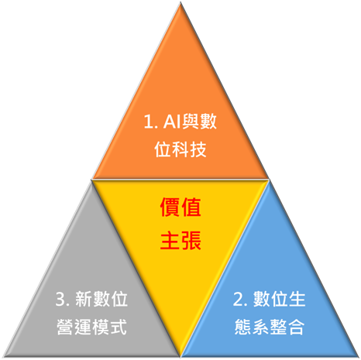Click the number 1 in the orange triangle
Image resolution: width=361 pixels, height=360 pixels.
[x=147, y=122]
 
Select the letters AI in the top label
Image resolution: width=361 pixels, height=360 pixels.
[x=172, y=122]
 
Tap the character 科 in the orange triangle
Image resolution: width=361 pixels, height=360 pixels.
[x=180, y=149]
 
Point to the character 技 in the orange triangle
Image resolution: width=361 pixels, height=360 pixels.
[x=198, y=149]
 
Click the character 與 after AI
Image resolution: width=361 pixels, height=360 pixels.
[x=191, y=122]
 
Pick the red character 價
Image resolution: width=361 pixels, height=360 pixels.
[x=170, y=207]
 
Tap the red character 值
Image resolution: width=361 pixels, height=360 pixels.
[x=191, y=207]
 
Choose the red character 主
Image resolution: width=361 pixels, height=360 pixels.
[x=170, y=240]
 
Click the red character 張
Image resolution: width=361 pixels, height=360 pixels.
[x=191, y=240]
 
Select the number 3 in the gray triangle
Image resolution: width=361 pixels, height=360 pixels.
[x=60, y=300]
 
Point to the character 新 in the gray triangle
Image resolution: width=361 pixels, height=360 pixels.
[x=84, y=300]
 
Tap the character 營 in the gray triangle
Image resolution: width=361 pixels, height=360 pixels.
[x=64, y=327]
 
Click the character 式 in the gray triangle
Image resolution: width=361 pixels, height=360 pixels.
[x=119, y=327]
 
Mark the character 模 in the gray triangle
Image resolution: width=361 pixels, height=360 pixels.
[x=101, y=327]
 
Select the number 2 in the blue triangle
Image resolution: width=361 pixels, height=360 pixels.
[x=237, y=300]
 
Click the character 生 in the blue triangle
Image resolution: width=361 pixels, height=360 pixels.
[x=297, y=300]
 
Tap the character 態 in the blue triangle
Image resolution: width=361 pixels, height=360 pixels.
[x=242, y=327]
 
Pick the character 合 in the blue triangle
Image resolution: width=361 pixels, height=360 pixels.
[x=296, y=327]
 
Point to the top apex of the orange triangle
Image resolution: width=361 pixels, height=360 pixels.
[x=180, y=3]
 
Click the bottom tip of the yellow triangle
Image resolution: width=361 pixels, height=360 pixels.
[x=180, y=356]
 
